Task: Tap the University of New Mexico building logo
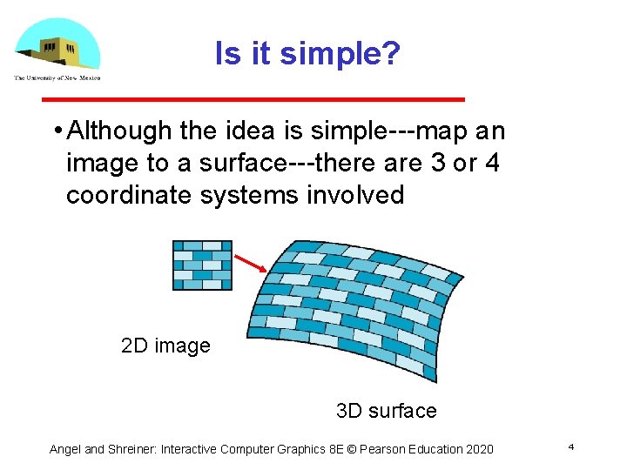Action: click(57, 45)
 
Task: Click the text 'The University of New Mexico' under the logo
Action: click(57, 78)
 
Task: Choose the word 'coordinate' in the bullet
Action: click(130, 195)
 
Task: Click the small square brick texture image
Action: click(202, 265)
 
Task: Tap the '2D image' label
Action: click(165, 346)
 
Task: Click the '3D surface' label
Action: click(386, 410)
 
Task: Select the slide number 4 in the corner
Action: click(570, 447)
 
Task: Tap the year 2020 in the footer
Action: click(478, 449)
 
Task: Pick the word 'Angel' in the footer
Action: click(65, 449)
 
